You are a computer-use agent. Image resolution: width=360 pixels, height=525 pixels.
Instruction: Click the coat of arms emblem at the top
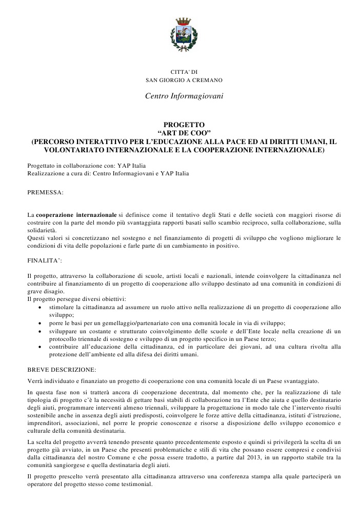pyautogui.click(x=183, y=35)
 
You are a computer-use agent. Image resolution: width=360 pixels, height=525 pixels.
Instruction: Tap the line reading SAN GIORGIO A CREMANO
pyautogui.click(x=183, y=80)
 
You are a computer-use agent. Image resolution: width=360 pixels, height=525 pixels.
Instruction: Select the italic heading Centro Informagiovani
pyautogui.click(x=184, y=96)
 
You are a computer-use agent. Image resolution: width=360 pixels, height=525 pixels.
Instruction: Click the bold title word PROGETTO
pyautogui.click(x=184, y=125)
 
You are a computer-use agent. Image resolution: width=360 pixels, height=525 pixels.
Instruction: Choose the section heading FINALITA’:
pyautogui.click(x=45, y=260)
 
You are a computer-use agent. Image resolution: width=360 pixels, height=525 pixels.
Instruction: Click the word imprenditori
pyautogui.click(x=45, y=423)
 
